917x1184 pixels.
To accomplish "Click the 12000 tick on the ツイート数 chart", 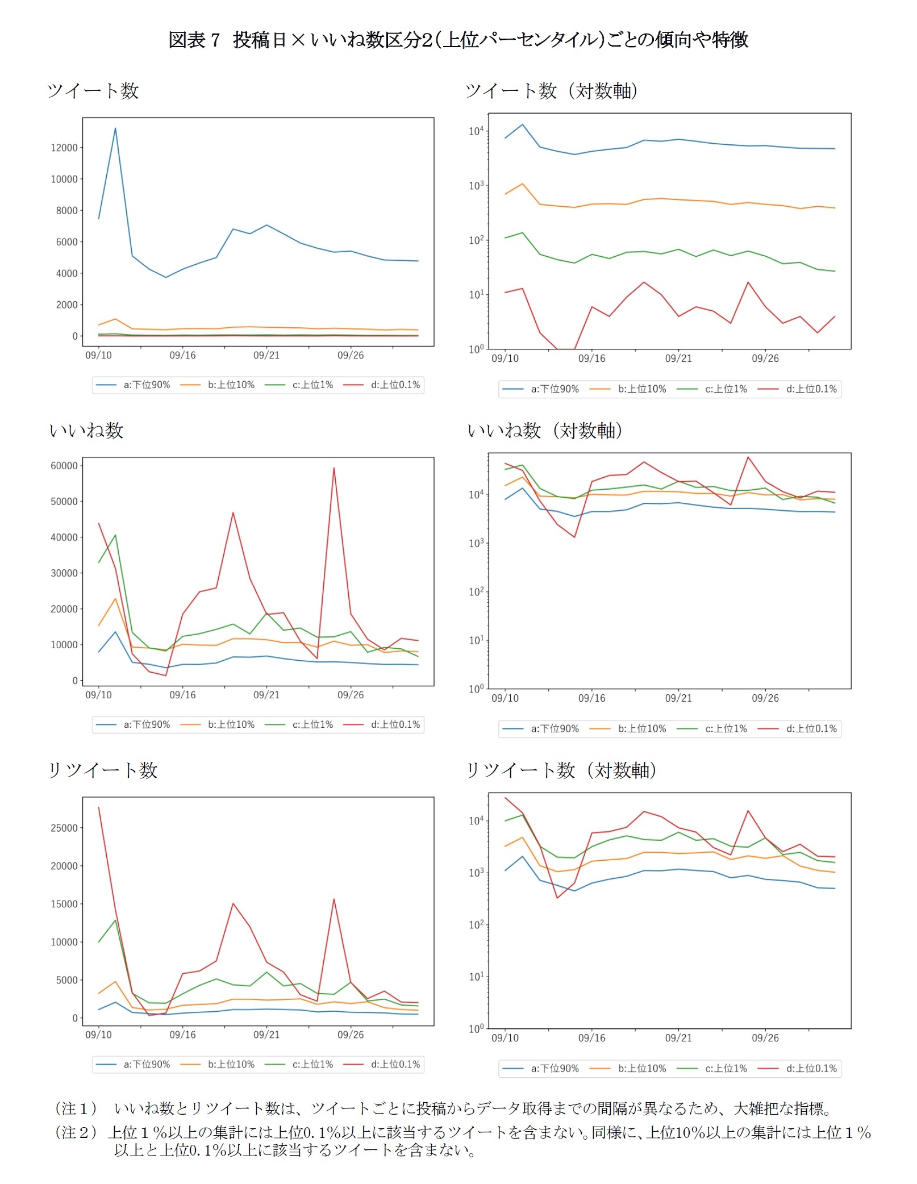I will tap(64, 148).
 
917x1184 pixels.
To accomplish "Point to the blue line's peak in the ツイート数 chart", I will tap(115, 128).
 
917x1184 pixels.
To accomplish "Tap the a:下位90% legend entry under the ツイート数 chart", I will tap(134, 385).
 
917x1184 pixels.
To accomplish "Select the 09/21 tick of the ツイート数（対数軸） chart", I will tap(678, 358).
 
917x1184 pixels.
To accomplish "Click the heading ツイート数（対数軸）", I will tap(551, 91).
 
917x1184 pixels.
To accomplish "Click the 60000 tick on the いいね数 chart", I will tap(64, 466).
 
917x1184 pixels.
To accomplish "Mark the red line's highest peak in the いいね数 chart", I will tap(334, 468).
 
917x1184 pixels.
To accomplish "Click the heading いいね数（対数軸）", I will tap(544, 431).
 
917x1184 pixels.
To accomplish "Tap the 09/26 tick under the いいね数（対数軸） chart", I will tap(765, 698).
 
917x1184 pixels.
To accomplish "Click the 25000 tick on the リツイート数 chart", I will tap(64, 828).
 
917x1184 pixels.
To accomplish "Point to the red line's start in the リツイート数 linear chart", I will tap(99, 807).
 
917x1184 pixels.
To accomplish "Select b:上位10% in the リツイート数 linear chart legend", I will tap(218, 1064).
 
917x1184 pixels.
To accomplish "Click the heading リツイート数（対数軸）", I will tap(561, 770).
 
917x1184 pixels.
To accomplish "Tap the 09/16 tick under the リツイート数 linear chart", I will tap(182, 1035).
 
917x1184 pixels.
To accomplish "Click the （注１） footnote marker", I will tap(76, 1108).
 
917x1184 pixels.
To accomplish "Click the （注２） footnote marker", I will tap(76, 1132).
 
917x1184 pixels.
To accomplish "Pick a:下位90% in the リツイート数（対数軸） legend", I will tap(541, 1069).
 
